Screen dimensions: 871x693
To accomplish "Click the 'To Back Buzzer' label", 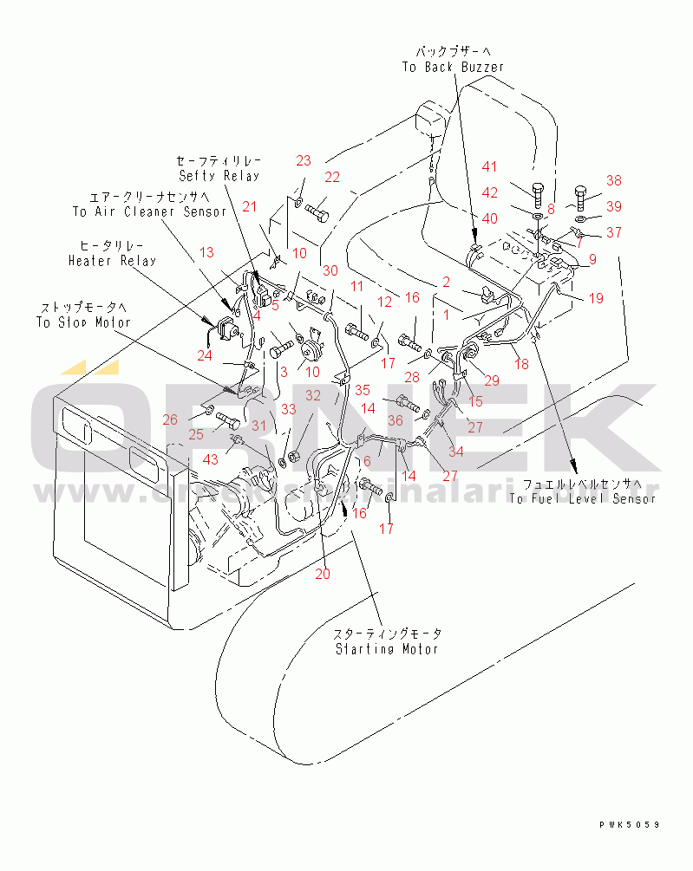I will pos(452,67).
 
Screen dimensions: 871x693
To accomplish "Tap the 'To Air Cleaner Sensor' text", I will pos(148,211).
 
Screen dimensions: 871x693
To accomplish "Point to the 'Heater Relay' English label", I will pos(113,261).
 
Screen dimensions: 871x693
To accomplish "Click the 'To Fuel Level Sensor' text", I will pos(582,498).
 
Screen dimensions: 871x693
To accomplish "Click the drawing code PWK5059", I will pos(629,824).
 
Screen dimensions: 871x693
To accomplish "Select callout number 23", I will pos(303,160).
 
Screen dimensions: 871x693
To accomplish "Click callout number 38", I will pos(614,181).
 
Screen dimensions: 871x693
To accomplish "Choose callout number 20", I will pos(323,573).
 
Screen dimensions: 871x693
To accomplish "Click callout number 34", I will pos(456,451).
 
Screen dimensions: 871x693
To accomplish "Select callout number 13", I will pos(206,252).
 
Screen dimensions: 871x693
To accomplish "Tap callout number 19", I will pos(596,298).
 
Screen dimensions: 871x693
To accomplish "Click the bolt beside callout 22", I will pos(317,209).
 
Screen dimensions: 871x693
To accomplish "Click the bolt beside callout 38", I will pos(582,198).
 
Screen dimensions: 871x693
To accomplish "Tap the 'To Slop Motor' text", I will pos(82,322).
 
